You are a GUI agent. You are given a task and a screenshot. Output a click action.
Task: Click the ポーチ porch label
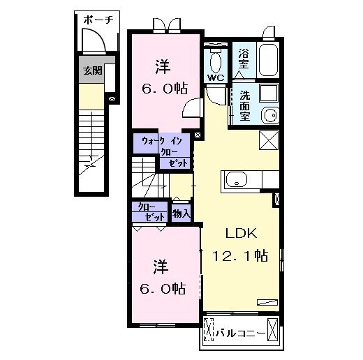point(98,20)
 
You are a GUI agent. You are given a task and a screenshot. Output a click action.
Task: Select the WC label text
point(216,77)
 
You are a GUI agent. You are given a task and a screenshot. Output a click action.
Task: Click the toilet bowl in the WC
point(216,62)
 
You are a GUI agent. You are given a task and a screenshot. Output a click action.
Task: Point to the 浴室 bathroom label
point(244,59)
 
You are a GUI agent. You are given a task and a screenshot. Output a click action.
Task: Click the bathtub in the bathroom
point(268,60)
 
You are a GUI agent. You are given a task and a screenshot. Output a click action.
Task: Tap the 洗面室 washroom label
point(244,105)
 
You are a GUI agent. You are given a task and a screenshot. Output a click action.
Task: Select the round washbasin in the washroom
point(270,116)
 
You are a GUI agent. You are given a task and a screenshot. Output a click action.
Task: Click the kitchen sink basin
point(237,179)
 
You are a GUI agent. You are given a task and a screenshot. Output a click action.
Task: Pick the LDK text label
point(242,233)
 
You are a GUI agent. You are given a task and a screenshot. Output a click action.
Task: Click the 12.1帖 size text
point(240,255)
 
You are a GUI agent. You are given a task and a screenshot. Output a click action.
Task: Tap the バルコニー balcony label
point(241,333)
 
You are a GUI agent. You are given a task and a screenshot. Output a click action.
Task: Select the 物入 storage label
point(181,213)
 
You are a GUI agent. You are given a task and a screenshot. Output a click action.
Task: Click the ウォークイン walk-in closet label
point(162,141)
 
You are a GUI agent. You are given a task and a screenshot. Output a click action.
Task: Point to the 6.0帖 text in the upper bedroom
point(165,88)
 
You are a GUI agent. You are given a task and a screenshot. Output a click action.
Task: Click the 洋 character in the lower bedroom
point(161,267)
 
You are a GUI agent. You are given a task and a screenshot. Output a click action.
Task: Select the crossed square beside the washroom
point(269,140)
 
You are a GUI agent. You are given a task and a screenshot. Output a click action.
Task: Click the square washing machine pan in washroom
point(269,93)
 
